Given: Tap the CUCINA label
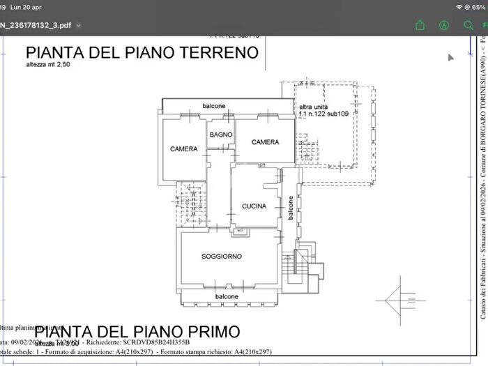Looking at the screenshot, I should coord(254,206).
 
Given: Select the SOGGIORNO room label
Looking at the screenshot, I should coord(222,257).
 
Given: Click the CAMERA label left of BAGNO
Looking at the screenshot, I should coord(183,149).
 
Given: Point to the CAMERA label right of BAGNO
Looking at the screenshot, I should coord(265,142).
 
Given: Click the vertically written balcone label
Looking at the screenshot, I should coord(291,206).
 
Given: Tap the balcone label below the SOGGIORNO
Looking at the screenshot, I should coord(227,296).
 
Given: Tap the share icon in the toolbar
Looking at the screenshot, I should coord(420,24).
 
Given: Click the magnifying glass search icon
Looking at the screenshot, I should coord(468,24).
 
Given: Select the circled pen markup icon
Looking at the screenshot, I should coord(444,24).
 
